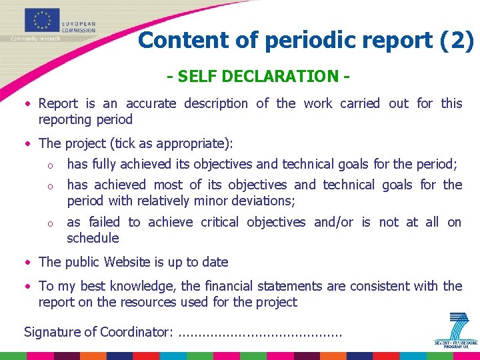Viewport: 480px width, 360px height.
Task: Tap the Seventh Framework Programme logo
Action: pyautogui.click(x=456, y=331)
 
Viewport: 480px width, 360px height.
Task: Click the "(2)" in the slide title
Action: pyautogui.click(x=457, y=41)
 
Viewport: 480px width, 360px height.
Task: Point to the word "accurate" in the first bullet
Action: pyautogui.click(x=151, y=103)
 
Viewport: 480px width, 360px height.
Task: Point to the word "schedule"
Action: pyautogui.click(x=93, y=238)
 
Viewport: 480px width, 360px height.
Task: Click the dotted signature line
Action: pyautogui.click(x=261, y=333)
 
